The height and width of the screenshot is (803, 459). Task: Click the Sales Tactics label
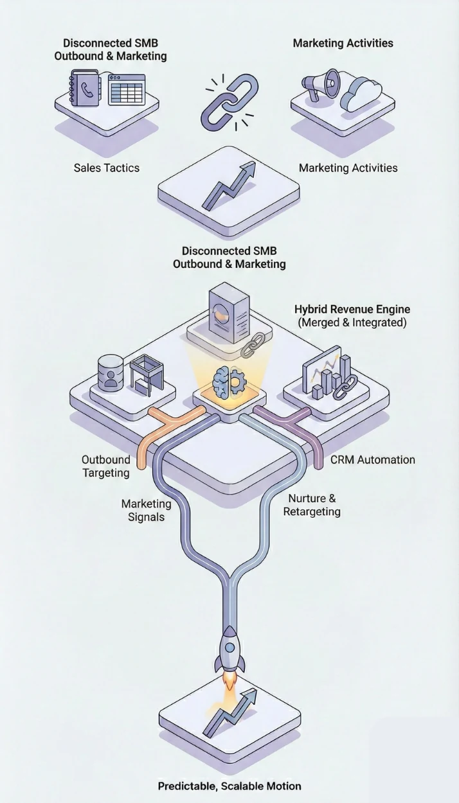tap(106, 168)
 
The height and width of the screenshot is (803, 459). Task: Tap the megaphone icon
tap(321, 85)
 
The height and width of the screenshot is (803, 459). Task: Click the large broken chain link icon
tap(230, 101)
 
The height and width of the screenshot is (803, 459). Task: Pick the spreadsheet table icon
tap(127, 89)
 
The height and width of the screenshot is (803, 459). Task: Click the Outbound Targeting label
tap(105, 466)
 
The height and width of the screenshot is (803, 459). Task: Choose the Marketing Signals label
tap(146, 510)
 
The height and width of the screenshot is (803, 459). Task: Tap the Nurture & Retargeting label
tap(312, 505)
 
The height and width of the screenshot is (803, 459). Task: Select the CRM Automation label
tap(373, 460)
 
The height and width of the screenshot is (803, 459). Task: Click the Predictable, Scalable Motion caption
tap(230, 786)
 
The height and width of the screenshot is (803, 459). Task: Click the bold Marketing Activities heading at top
tap(343, 44)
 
